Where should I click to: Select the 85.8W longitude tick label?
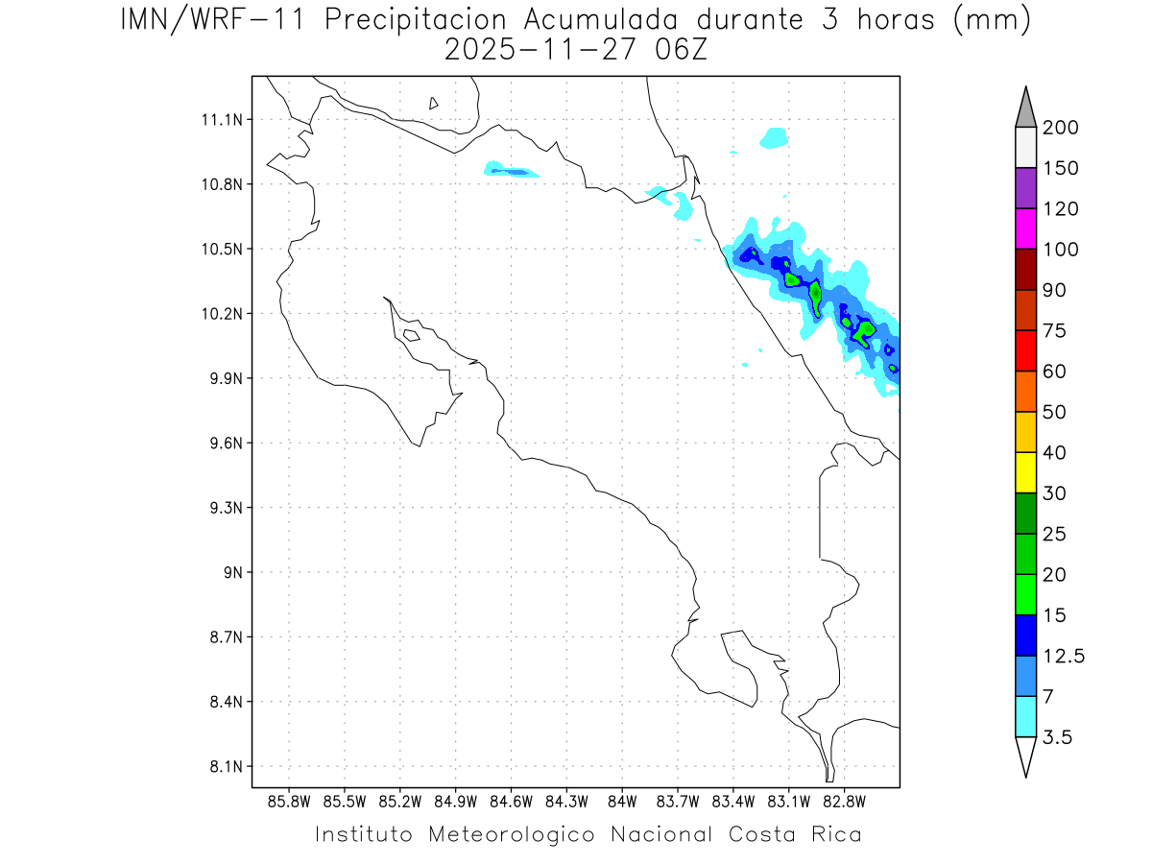290,801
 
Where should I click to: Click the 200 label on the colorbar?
1060,128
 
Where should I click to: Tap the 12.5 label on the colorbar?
1064,656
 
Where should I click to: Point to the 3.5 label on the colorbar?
1059,737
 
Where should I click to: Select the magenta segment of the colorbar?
1025,228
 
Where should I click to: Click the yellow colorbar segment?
1025,472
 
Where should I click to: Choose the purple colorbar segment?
1025,188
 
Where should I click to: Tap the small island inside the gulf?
411,335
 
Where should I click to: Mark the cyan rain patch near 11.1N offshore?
774,138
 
